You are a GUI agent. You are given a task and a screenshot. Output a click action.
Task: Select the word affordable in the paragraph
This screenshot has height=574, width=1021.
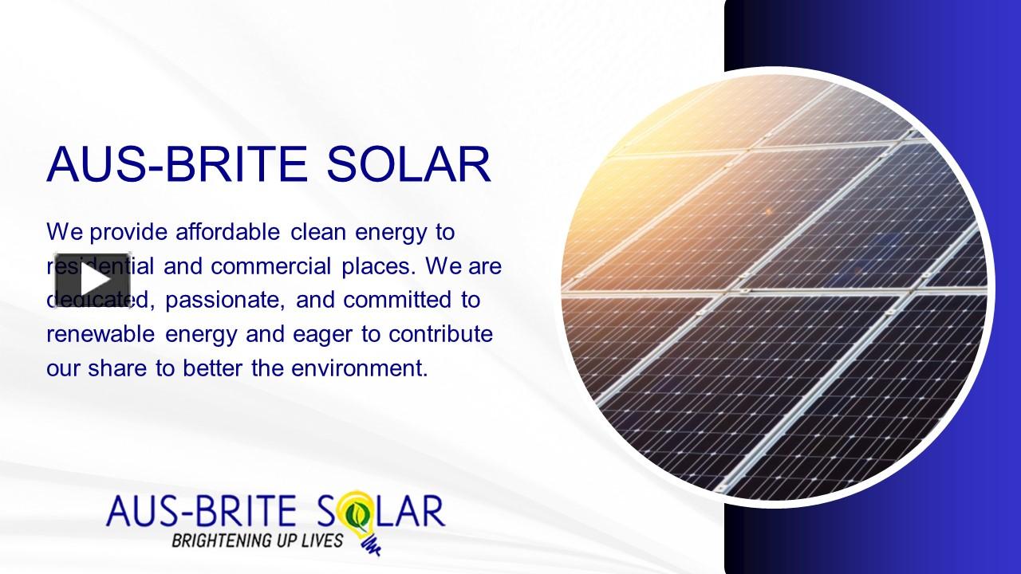pos(227,232)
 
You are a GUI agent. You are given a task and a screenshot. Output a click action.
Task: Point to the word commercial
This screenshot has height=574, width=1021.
pos(271,266)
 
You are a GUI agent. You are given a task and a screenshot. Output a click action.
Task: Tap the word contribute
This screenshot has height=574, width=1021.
pos(441,334)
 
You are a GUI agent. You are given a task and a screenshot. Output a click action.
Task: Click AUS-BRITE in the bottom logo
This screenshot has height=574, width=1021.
pos(201,511)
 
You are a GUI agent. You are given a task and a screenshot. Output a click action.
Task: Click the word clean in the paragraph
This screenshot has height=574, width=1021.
pos(318,232)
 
